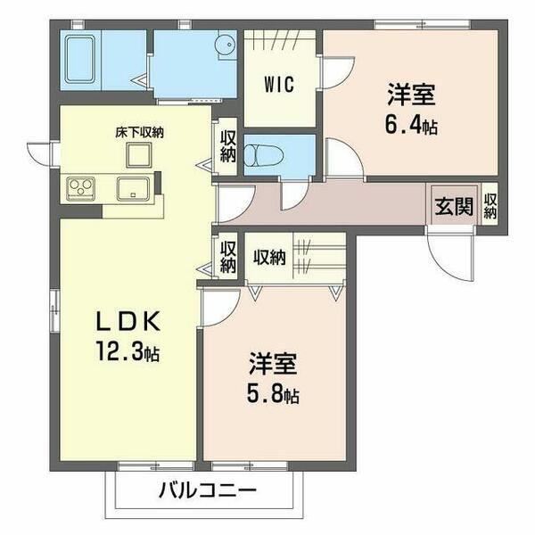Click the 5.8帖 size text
(x=273, y=393)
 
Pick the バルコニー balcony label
(x=209, y=490)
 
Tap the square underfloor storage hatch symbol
(x=139, y=155)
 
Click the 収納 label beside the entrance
(x=490, y=205)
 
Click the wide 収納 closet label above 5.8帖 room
(x=268, y=258)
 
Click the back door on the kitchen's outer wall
(x=42, y=154)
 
